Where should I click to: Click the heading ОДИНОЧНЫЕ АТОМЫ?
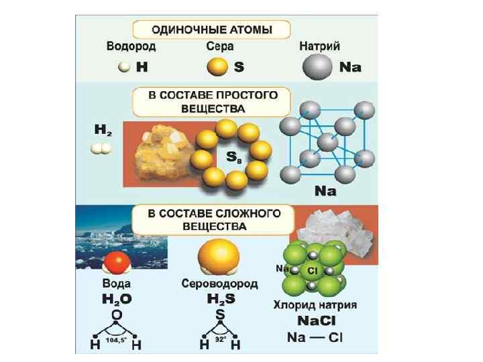pyautogui.click(x=211, y=30)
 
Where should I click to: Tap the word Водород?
pyautogui.click(x=131, y=48)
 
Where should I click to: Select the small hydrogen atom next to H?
pyautogui.click(x=123, y=67)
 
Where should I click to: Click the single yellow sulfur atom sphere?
pyautogui.click(x=216, y=68)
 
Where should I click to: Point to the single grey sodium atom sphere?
pyautogui.click(x=317, y=68)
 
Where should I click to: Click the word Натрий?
pyautogui.click(x=319, y=48)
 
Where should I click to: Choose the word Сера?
pyautogui.click(x=219, y=48)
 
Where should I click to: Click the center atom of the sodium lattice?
pyautogui.click(x=326, y=143)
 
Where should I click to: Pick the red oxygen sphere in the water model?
pyautogui.click(x=118, y=263)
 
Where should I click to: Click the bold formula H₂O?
pyautogui.click(x=117, y=298)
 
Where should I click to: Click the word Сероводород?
pyautogui.click(x=219, y=284)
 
